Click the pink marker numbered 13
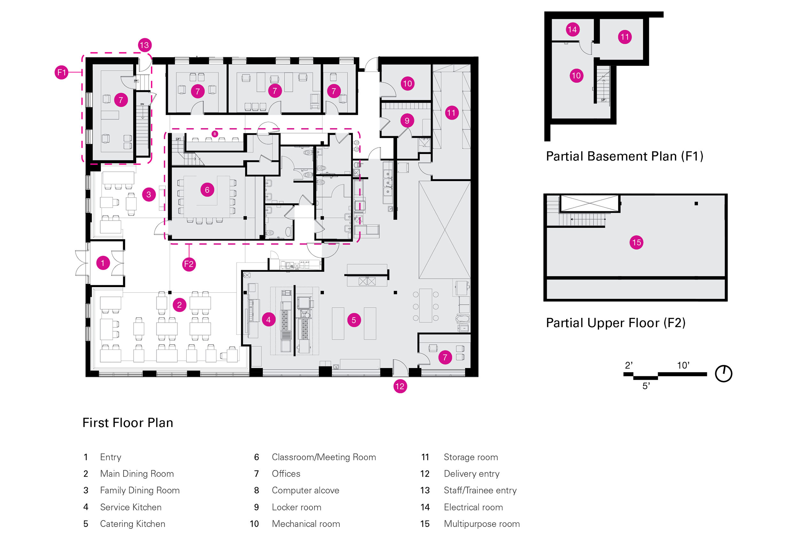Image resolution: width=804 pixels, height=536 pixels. (x=144, y=45)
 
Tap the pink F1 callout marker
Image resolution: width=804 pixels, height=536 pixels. (x=61, y=73)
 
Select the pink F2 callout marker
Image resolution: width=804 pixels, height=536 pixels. (x=189, y=264)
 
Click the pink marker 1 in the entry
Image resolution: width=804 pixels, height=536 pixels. (x=103, y=263)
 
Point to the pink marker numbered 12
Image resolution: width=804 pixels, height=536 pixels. (x=400, y=386)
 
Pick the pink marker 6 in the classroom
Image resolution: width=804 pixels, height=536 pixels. (x=207, y=190)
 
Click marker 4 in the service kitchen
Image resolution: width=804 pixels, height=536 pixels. (x=269, y=319)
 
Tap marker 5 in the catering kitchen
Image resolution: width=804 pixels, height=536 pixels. (x=354, y=320)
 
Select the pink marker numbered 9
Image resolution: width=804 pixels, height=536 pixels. (x=407, y=121)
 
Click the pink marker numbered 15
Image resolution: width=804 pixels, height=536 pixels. (x=636, y=243)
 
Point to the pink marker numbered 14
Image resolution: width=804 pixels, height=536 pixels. (x=572, y=29)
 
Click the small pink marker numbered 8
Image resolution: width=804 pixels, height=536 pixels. (x=215, y=134)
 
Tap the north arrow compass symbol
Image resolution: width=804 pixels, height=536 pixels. (x=723, y=373)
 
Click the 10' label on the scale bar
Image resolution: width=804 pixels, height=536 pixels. (x=683, y=366)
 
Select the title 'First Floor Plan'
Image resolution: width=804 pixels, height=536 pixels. (x=128, y=423)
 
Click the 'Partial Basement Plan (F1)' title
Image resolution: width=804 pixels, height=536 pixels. (x=624, y=156)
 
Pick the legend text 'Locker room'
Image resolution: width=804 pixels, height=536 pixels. (x=296, y=507)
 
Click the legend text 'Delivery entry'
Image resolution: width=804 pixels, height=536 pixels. (x=472, y=474)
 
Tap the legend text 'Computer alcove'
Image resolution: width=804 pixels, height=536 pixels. (x=305, y=491)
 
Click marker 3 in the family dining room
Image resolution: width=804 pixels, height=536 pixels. (x=149, y=194)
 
